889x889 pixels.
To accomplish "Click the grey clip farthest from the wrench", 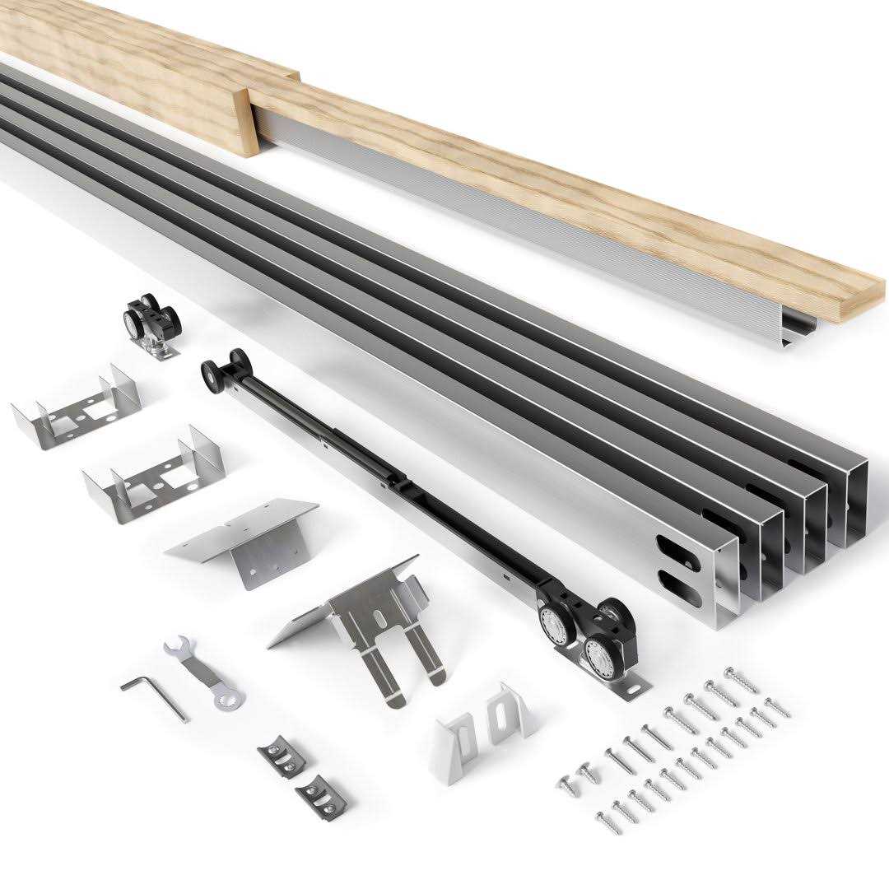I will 321,794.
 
